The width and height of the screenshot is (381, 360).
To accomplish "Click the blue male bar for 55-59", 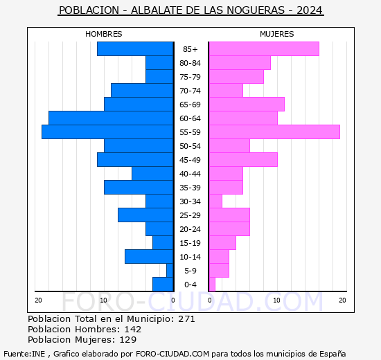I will coord(107,132).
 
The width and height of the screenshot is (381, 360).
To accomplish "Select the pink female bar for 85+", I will coord(263,48).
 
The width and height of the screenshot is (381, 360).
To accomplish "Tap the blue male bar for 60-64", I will coord(111,118).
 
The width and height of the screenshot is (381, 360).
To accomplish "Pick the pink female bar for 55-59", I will coord(274,132).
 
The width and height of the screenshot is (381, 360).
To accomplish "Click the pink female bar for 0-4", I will coord(212,284).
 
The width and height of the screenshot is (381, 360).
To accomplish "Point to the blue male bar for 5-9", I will coord(170,270).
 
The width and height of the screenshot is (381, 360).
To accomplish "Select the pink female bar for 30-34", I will coord(215,201).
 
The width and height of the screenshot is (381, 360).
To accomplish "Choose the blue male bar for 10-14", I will coord(149,256).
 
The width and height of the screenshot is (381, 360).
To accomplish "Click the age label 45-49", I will coord(190,160).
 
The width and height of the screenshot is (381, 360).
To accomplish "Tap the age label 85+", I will coord(190,49).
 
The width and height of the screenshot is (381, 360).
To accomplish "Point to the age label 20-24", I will coord(190,229).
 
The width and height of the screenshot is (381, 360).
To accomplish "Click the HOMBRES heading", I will coord(104,34).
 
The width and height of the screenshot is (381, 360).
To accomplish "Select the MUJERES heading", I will coord(277,34).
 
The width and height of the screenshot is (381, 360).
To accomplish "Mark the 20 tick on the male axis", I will coord(39,300).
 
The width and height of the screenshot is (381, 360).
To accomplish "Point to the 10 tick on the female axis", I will coord(276,300).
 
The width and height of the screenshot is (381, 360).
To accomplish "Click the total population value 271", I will coord(186,319).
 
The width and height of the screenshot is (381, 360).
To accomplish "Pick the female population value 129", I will coord(127,340).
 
